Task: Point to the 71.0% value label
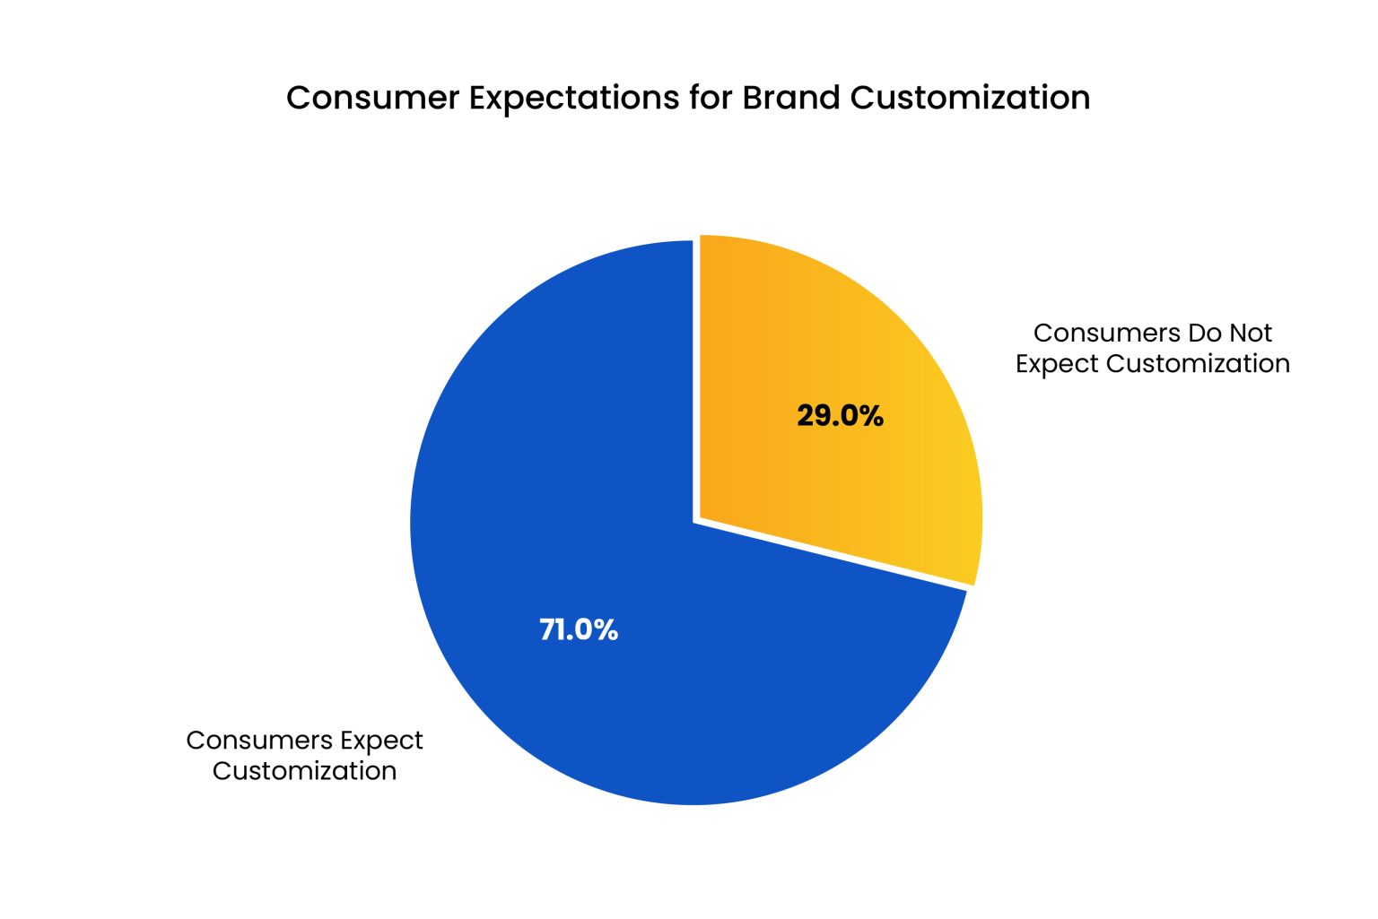579,630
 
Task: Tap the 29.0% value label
840,416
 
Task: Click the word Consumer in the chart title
372,98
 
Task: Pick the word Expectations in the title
574,98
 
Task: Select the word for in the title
711,98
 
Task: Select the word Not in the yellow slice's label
1251,334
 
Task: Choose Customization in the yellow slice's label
1198,364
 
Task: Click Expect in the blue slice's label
381,741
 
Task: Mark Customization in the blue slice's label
304,771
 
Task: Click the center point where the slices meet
696,521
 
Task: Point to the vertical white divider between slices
696,377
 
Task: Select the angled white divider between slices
834,555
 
